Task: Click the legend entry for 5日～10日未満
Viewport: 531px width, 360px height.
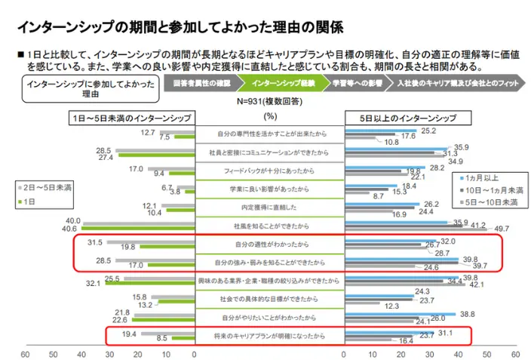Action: pos(490,202)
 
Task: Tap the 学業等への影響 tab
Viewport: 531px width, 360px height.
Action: pos(358,83)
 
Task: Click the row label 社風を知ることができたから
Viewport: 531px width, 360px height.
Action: pos(269,226)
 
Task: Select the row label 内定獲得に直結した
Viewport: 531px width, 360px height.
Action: pos(269,207)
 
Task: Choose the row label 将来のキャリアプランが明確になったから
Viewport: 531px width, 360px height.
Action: pos(269,334)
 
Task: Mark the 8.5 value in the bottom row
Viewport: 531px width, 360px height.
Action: pos(161,339)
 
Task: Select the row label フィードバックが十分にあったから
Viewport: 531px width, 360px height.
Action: pos(269,171)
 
